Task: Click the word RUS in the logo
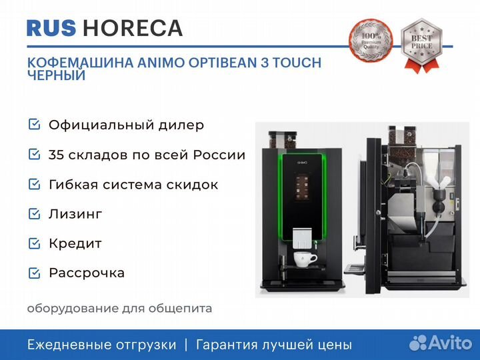(x=51, y=28)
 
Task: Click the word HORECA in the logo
(x=133, y=28)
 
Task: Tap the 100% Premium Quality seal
(x=371, y=40)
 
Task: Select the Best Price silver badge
(x=421, y=45)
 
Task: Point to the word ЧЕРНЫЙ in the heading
(x=56, y=75)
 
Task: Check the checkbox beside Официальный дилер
(x=34, y=124)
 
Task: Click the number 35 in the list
(x=55, y=155)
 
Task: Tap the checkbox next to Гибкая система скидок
(x=34, y=184)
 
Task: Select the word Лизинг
(x=75, y=214)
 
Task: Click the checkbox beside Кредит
(x=34, y=243)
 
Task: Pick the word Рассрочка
(x=87, y=273)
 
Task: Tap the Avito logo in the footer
(x=441, y=343)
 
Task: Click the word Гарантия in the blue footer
(x=227, y=345)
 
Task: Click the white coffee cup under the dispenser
(x=305, y=259)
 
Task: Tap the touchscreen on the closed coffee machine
(x=302, y=187)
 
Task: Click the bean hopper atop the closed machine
(x=283, y=139)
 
